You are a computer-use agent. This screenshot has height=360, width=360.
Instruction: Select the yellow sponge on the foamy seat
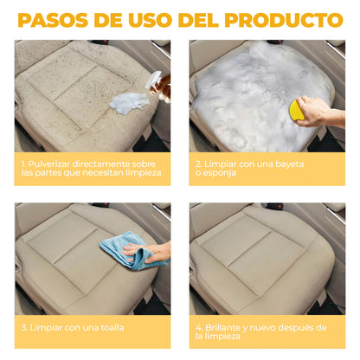[297, 110]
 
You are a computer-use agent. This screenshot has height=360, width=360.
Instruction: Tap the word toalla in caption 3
[106, 327]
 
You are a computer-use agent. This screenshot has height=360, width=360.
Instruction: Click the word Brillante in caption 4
[222, 327]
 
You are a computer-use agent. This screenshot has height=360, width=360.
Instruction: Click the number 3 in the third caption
[23, 327]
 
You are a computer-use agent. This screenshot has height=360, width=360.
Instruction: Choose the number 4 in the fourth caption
[198, 327]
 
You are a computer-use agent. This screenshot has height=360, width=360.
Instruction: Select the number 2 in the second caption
[198, 162]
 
